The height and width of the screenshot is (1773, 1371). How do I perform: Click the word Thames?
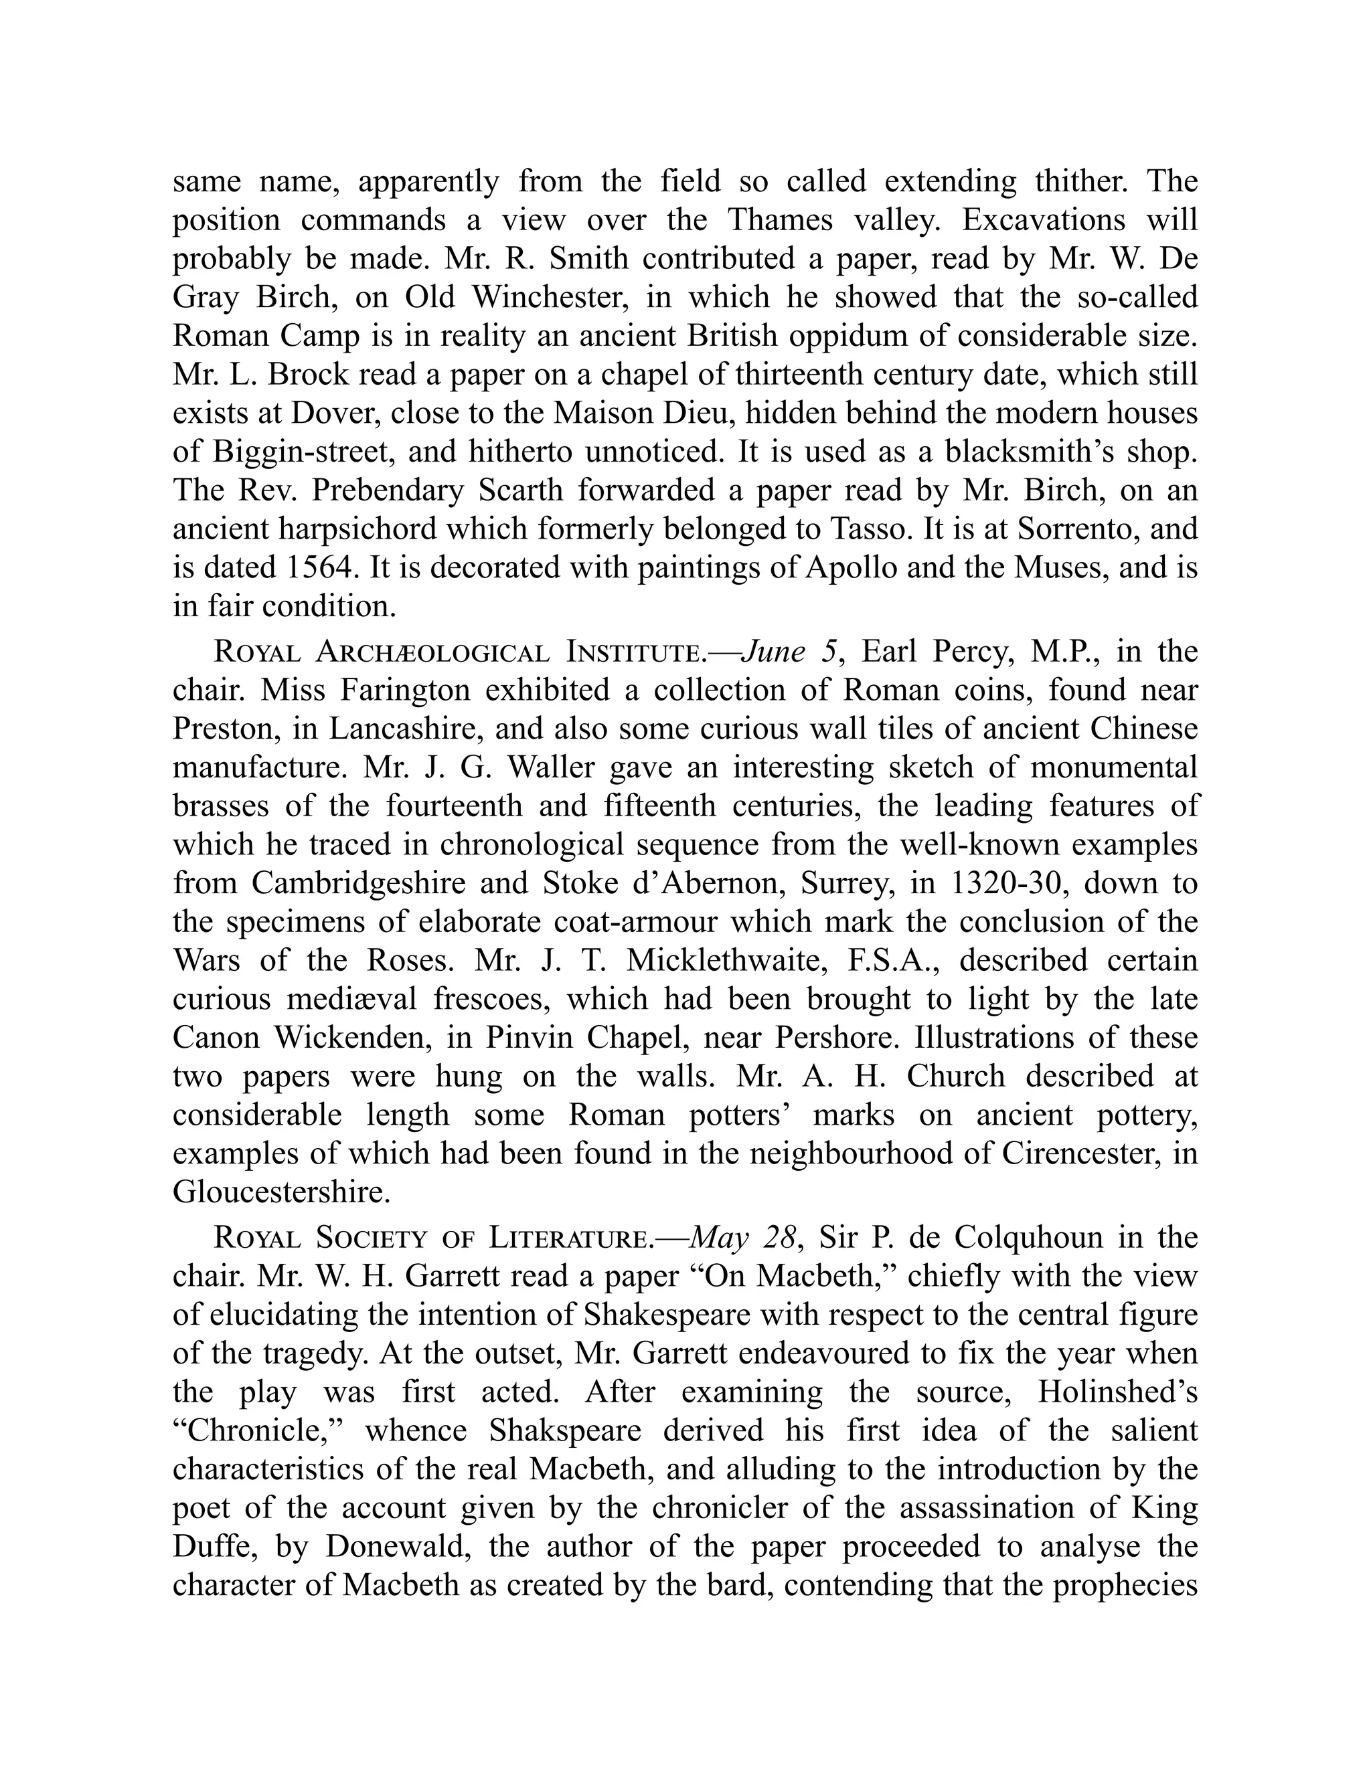pos(780,220)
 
